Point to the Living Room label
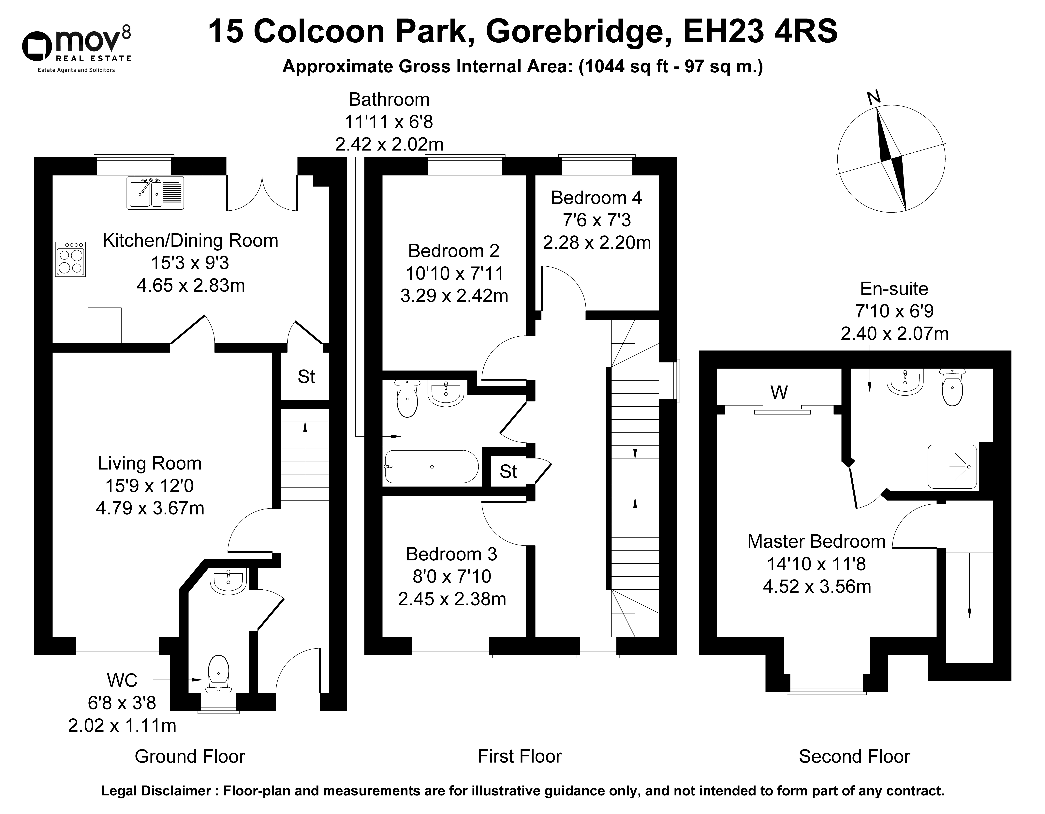tap(150, 463)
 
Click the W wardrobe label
tap(779, 392)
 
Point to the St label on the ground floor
tap(306, 377)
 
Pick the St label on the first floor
tap(508, 471)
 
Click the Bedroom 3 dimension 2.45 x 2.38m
tap(452, 599)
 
